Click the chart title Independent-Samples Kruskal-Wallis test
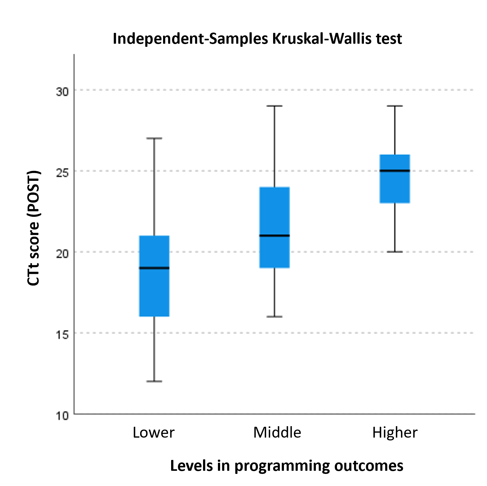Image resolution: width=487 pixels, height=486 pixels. (257, 39)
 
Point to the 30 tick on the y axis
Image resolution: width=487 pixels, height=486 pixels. (62, 92)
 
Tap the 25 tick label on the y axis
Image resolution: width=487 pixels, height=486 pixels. (62, 173)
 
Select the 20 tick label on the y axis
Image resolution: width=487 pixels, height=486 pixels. (62, 254)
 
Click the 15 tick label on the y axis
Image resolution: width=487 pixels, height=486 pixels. (62, 335)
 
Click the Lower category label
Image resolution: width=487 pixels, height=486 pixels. (153, 432)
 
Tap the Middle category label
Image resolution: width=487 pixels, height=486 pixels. (277, 432)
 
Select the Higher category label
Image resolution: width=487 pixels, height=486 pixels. (395, 432)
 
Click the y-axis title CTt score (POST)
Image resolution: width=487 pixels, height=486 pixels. (33, 228)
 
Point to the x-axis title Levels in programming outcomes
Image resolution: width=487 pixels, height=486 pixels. (286, 466)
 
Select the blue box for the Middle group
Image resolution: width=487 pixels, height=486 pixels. (274, 211)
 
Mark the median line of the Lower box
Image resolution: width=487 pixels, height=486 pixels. (154, 268)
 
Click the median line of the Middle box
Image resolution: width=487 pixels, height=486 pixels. (274, 235)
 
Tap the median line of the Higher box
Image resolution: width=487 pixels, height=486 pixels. (395, 171)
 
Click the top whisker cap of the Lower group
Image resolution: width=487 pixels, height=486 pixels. (154, 138)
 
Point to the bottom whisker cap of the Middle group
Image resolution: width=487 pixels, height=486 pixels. (274, 317)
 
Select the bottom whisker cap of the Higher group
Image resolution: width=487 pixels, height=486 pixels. (395, 252)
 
